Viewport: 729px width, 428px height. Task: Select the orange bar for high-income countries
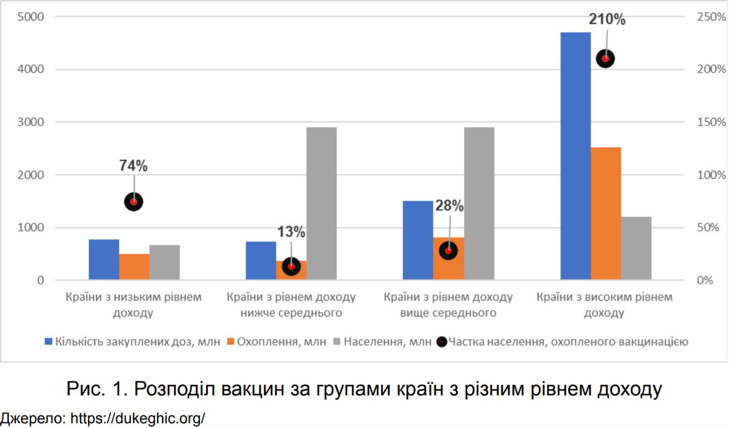coord(606,213)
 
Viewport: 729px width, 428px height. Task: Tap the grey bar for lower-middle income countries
coord(321,203)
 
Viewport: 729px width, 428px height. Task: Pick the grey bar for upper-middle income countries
coord(479,203)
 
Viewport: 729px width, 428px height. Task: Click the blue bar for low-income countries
coord(104,260)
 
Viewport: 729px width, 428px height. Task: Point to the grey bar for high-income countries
coord(636,248)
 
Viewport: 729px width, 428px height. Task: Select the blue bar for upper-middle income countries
coord(417,240)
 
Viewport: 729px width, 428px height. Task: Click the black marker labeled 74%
coord(133,201)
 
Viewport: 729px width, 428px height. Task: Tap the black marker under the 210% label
coord(605,59)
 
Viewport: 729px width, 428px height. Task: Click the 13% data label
coord(291,232)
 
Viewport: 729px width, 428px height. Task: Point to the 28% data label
coord(449,206)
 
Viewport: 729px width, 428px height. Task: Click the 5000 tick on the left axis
coord(33,17)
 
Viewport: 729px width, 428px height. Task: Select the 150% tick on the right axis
coord(711,122)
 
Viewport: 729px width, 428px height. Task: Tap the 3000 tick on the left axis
coord(33,122)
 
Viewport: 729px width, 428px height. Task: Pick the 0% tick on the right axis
coord(704,280)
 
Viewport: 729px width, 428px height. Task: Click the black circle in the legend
coord(441,342)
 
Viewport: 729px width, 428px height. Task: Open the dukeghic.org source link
coord(137,418)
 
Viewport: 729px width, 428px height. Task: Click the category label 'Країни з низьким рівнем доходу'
coord(133,304)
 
